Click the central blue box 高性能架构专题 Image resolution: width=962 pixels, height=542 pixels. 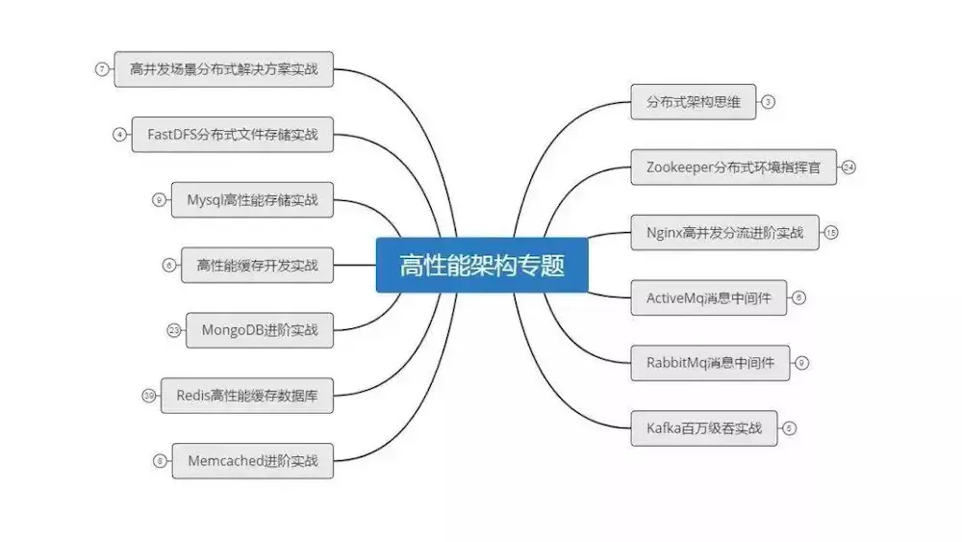(x=481, y=264)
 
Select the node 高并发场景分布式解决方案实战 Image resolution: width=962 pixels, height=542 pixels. (x=223, y=69)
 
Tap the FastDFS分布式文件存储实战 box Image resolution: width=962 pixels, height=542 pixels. (x=223, y=135)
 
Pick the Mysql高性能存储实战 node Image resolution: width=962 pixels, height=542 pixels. (x=252, y=200)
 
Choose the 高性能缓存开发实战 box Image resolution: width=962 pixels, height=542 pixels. (x=257, y=265)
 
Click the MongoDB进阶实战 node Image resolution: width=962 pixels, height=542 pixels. (x=260, y=330)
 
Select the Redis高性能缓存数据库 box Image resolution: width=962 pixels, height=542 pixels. (x=246, y=395)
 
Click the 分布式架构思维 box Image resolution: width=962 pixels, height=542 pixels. (x=694, y=101)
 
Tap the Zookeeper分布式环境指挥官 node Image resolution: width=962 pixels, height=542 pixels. (x=733, y=167)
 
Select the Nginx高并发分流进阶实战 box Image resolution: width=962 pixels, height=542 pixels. (x=725, y=232)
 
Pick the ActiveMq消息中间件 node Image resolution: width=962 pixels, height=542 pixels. (x=708, y=297)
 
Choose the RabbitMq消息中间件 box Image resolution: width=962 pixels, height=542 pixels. (x=710, y=363)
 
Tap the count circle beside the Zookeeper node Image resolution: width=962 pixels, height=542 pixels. (x=848, y=167)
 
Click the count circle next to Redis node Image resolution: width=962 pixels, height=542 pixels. (x=148, y=395)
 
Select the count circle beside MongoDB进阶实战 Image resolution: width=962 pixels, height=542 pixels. (x=174, y=330)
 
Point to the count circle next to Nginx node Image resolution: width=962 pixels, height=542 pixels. (x=831, y=232)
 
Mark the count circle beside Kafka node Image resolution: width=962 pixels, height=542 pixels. (x=790, y=428)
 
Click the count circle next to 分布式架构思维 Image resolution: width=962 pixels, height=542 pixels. (x=768, y=101)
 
